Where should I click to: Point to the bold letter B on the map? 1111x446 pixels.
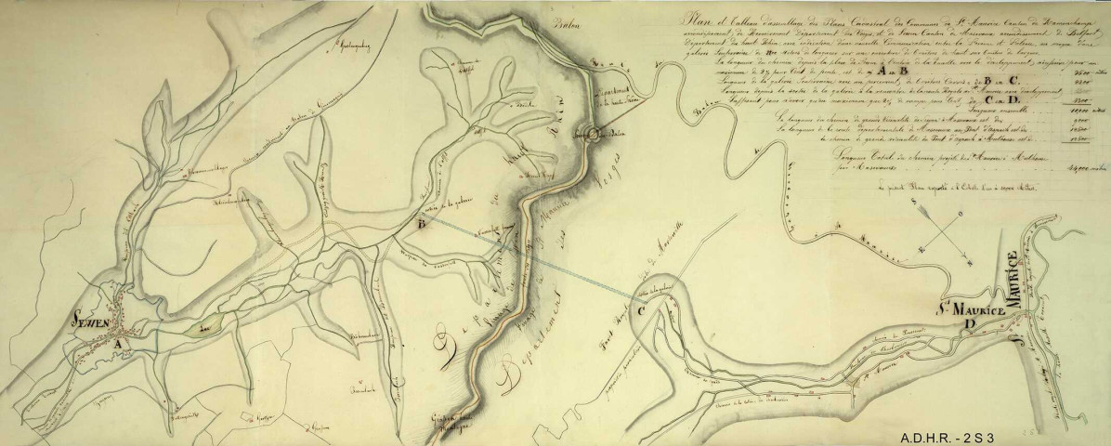(x=423, y=225)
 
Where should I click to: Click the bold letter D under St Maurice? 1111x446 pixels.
(x=970, y=323)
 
